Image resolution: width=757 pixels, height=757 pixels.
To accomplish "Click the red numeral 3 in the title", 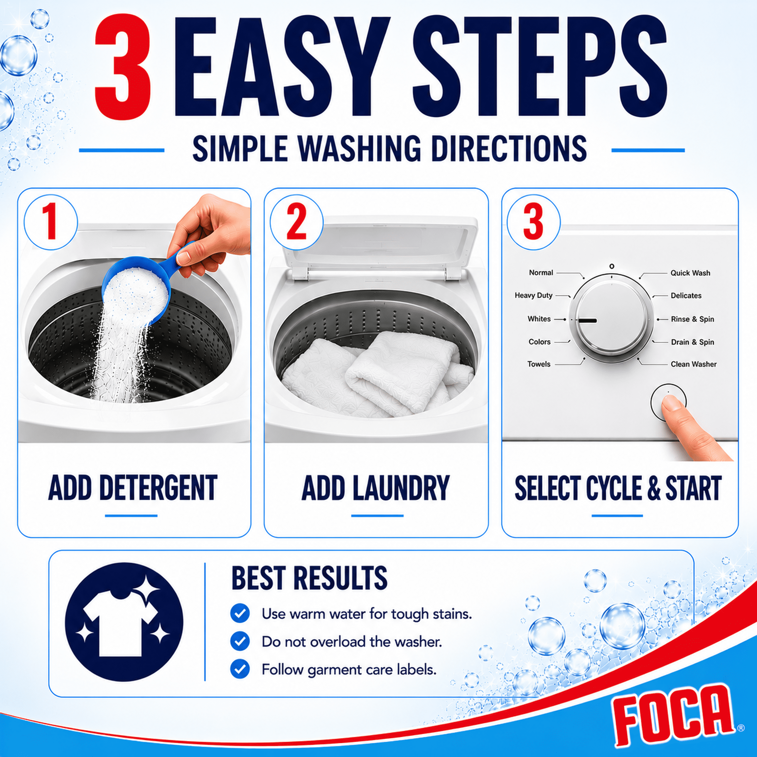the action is [x=122, y=67].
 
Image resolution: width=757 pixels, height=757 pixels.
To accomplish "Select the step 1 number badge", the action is [x=51, y=223].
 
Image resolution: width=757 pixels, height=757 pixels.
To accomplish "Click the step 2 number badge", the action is [x=297, y=223].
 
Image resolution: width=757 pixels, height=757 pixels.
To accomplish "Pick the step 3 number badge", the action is [x=534, y=223].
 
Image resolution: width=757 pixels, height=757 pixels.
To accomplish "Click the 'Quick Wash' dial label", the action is [x=690, y=273].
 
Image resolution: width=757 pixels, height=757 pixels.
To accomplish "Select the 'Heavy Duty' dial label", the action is [x=533, y=296].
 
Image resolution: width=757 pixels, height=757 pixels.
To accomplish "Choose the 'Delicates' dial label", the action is [x=686, y=296].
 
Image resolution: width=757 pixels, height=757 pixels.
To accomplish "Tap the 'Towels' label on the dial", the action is [x=539, y=364].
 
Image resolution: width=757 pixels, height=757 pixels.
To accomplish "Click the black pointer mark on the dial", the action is [x=588, y=320].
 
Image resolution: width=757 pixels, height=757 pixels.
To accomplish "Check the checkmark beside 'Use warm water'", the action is [x=240, y=613].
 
